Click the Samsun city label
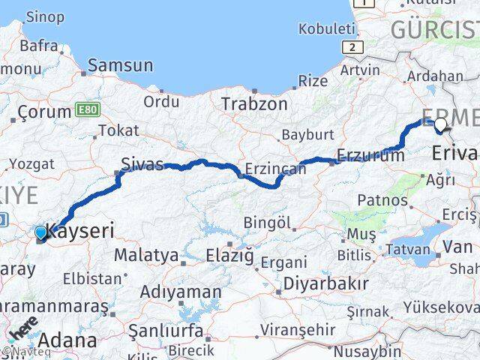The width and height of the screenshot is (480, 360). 120,65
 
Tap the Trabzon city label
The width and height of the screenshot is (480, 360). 253,104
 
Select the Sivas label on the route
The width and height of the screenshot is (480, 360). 142,164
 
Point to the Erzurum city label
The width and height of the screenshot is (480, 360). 370,155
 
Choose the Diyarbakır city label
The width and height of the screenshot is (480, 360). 326,283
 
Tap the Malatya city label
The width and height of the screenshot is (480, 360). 146,255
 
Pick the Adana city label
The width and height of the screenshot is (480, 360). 67,340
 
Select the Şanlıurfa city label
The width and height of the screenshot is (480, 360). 165,331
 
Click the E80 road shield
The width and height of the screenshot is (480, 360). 87,110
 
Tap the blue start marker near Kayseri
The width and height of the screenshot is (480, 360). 41,233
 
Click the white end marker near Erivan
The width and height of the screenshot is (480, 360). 440,125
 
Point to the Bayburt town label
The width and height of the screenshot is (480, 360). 307,135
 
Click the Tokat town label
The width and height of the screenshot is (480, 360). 118,130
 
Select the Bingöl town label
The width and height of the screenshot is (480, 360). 267,223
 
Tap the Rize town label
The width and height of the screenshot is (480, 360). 313,80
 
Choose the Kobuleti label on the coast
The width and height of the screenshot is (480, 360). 326,29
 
